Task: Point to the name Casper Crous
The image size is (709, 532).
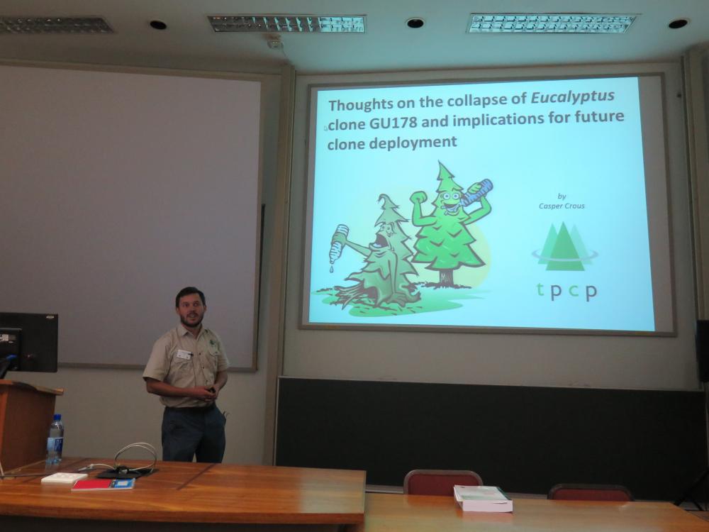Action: pyautogui.click(x=562, y=206)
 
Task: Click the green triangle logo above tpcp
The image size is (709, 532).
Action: pyautogui.click(x=564, y=247)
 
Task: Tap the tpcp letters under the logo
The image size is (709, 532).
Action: pyautogui.click(x=566, y=292)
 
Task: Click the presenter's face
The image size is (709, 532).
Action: pyautogui.click(x=191, y=308)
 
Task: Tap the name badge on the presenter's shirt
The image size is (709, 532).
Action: pyautogui.click(x=184, y=355)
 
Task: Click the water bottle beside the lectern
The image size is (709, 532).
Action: pyautogui.click(x=55, y=440)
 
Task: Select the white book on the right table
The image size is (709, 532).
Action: pyautogui.click(x=482, y=498)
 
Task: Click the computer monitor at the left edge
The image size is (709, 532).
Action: pyautogui.click(x=28, y=342)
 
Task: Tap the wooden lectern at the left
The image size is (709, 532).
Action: pyautogui.click(x=26, y=423)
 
